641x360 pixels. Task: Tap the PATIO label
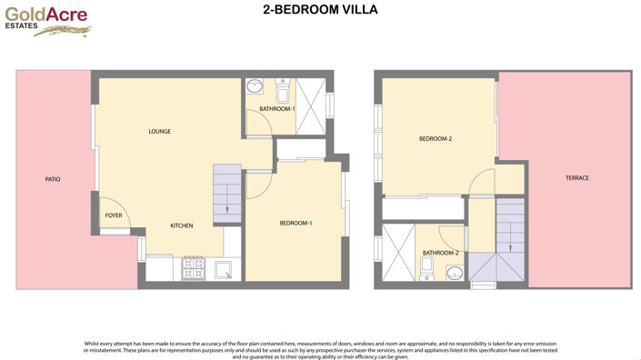pos(53,179)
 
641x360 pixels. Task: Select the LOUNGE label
pos(160,132)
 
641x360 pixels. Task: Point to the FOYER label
pos(114,215)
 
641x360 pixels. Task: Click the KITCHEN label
pos(182,225)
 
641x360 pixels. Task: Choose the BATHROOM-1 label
pos(277,109)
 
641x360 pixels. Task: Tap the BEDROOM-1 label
pos(295,224)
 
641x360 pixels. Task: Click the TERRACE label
pos(576,178)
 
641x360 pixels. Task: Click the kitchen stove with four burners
pos(193,270)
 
